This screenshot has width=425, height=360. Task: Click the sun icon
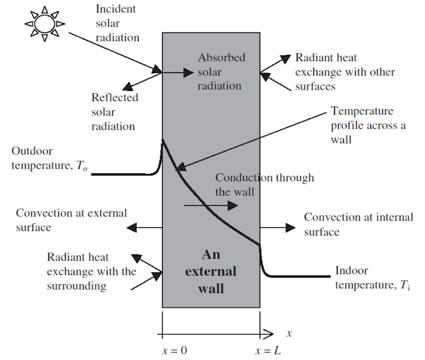(44, 24)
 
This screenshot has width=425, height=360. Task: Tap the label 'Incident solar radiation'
(117, 23)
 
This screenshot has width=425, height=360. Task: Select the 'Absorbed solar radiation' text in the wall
(221, 72)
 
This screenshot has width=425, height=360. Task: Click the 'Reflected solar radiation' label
(114, 112)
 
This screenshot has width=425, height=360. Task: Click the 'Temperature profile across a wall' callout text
(368, 126)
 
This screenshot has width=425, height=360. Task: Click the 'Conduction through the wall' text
(264, 185)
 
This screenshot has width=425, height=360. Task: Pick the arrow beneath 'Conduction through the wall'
(209, 207)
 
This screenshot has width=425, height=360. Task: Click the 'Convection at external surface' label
(70, 220)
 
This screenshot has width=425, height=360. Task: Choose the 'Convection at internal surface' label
(358, 224)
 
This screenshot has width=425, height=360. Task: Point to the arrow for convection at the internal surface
(276, 227)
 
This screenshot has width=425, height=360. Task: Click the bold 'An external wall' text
(211, 271)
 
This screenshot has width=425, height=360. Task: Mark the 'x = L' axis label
(268, 349)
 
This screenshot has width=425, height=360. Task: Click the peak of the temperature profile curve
(163, 140)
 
